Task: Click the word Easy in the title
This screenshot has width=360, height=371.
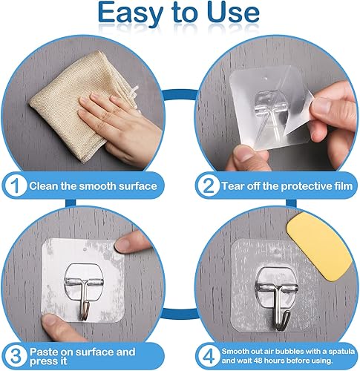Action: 131,14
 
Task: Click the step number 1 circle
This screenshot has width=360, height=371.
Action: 16,186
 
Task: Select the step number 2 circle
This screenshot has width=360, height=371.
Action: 209,186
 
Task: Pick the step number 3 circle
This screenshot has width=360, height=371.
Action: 16,356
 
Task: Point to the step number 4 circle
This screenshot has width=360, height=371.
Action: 209,356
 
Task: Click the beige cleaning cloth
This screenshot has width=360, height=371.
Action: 82,104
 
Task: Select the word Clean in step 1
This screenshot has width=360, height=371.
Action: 44,186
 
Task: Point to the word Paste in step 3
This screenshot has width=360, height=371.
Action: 44,352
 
